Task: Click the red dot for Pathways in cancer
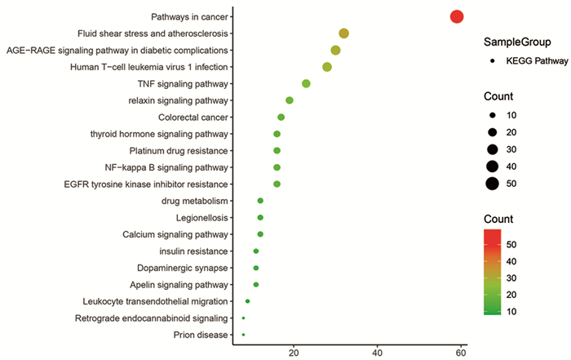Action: [x=457, y=16]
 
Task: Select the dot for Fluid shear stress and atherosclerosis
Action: [x=344, y=33]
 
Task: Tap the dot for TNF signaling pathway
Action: [x=306, y=84]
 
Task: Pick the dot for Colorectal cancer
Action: [x=281, y=118]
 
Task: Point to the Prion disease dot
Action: [x=243, y=335]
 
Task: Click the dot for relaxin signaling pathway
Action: [x=290, y=100]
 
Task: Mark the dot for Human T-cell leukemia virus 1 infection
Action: [x=327, y=67]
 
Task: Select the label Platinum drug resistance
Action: [x=179, y=151]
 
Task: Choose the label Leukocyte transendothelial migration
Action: [x=155, y=301]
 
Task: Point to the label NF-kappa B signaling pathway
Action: [x=176, y=167]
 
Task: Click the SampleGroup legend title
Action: [x=516, y=42]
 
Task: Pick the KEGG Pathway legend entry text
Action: [x=534, y=60]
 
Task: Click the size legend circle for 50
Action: [x=492, y=183]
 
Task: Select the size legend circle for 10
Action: [x=492, y=114]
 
